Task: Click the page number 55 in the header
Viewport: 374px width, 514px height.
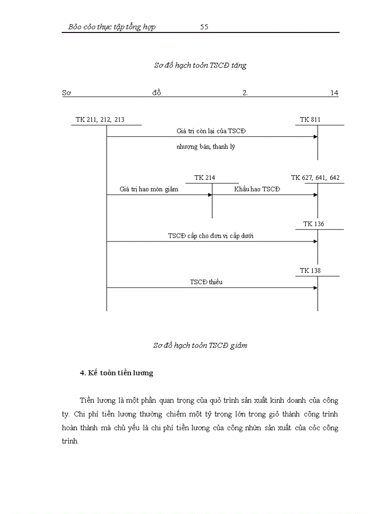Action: [x=204, y=27]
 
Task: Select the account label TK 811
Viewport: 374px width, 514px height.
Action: [x=310, y=120]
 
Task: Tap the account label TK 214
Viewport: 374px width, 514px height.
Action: [x=204, y=178]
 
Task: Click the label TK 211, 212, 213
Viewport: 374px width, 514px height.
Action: [x=100, y=120]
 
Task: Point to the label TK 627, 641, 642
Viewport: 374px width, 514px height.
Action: [x=315, y=178]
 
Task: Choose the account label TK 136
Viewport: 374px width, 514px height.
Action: [x=313, y=224]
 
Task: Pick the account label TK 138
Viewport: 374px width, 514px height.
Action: [x=310, y=271]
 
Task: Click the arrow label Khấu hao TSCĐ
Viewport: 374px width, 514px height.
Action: [x=257, y=189]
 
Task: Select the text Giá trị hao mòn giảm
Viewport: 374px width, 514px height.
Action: [x=149, y=189]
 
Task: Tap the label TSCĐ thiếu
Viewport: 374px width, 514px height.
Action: [x=206, y=282]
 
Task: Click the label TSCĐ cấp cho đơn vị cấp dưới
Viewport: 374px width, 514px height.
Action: [x=211, y=236]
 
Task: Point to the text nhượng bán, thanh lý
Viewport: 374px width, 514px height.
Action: [x=206, y=147]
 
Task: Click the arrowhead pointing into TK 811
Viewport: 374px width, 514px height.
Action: [x=315, y=137]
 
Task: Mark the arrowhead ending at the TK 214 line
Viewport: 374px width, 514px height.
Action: [x=210, y=195]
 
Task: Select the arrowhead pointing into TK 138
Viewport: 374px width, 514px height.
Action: [x=315, y=288]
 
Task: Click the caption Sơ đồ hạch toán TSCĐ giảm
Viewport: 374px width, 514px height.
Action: [x=200, y=346]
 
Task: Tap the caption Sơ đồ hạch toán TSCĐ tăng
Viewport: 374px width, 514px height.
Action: [x=200, y=65]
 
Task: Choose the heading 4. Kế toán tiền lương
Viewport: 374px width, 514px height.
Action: [x=116, y=373]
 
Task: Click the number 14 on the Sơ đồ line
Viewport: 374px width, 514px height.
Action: [x=334, y=93]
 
